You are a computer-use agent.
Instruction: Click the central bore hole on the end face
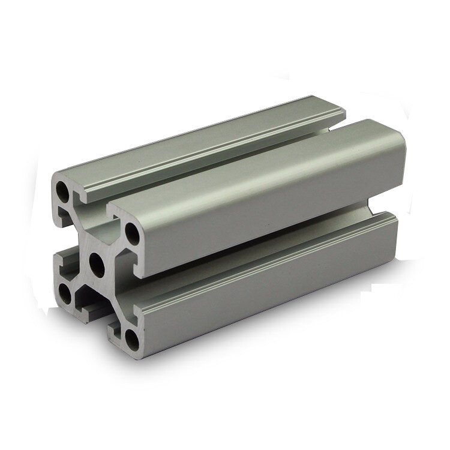[96, 263]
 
